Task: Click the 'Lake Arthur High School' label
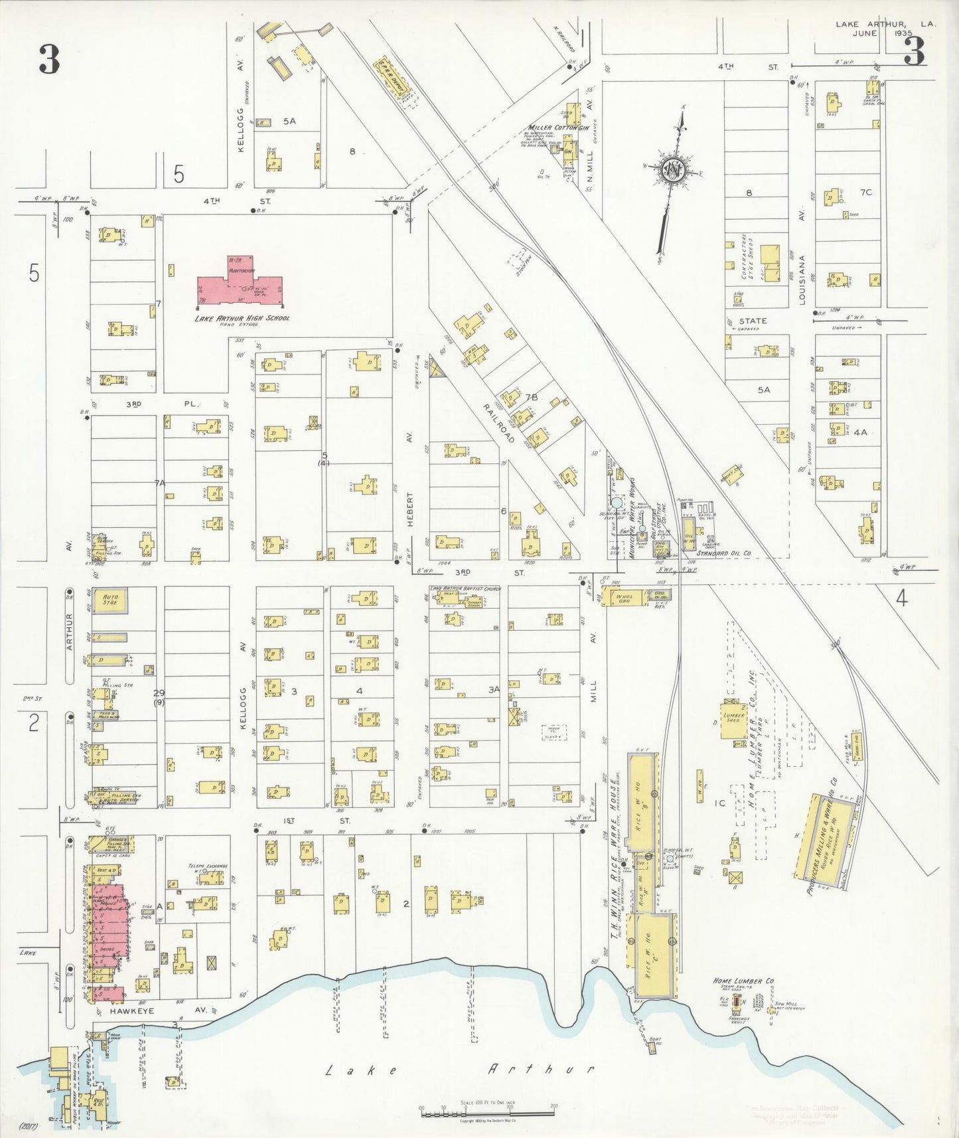coord(242,318)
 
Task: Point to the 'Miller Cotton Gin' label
coord(557,127)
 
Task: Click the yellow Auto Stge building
coord(110,600)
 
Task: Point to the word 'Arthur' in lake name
coord(540,1069)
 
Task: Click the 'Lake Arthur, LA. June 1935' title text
coord(885,28)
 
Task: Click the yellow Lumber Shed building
coord(734,719)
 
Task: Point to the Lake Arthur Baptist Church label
coord(465,588)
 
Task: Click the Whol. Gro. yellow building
coord(624,597)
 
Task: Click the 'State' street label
coord(753,321)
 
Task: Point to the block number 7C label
coord(865,193)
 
